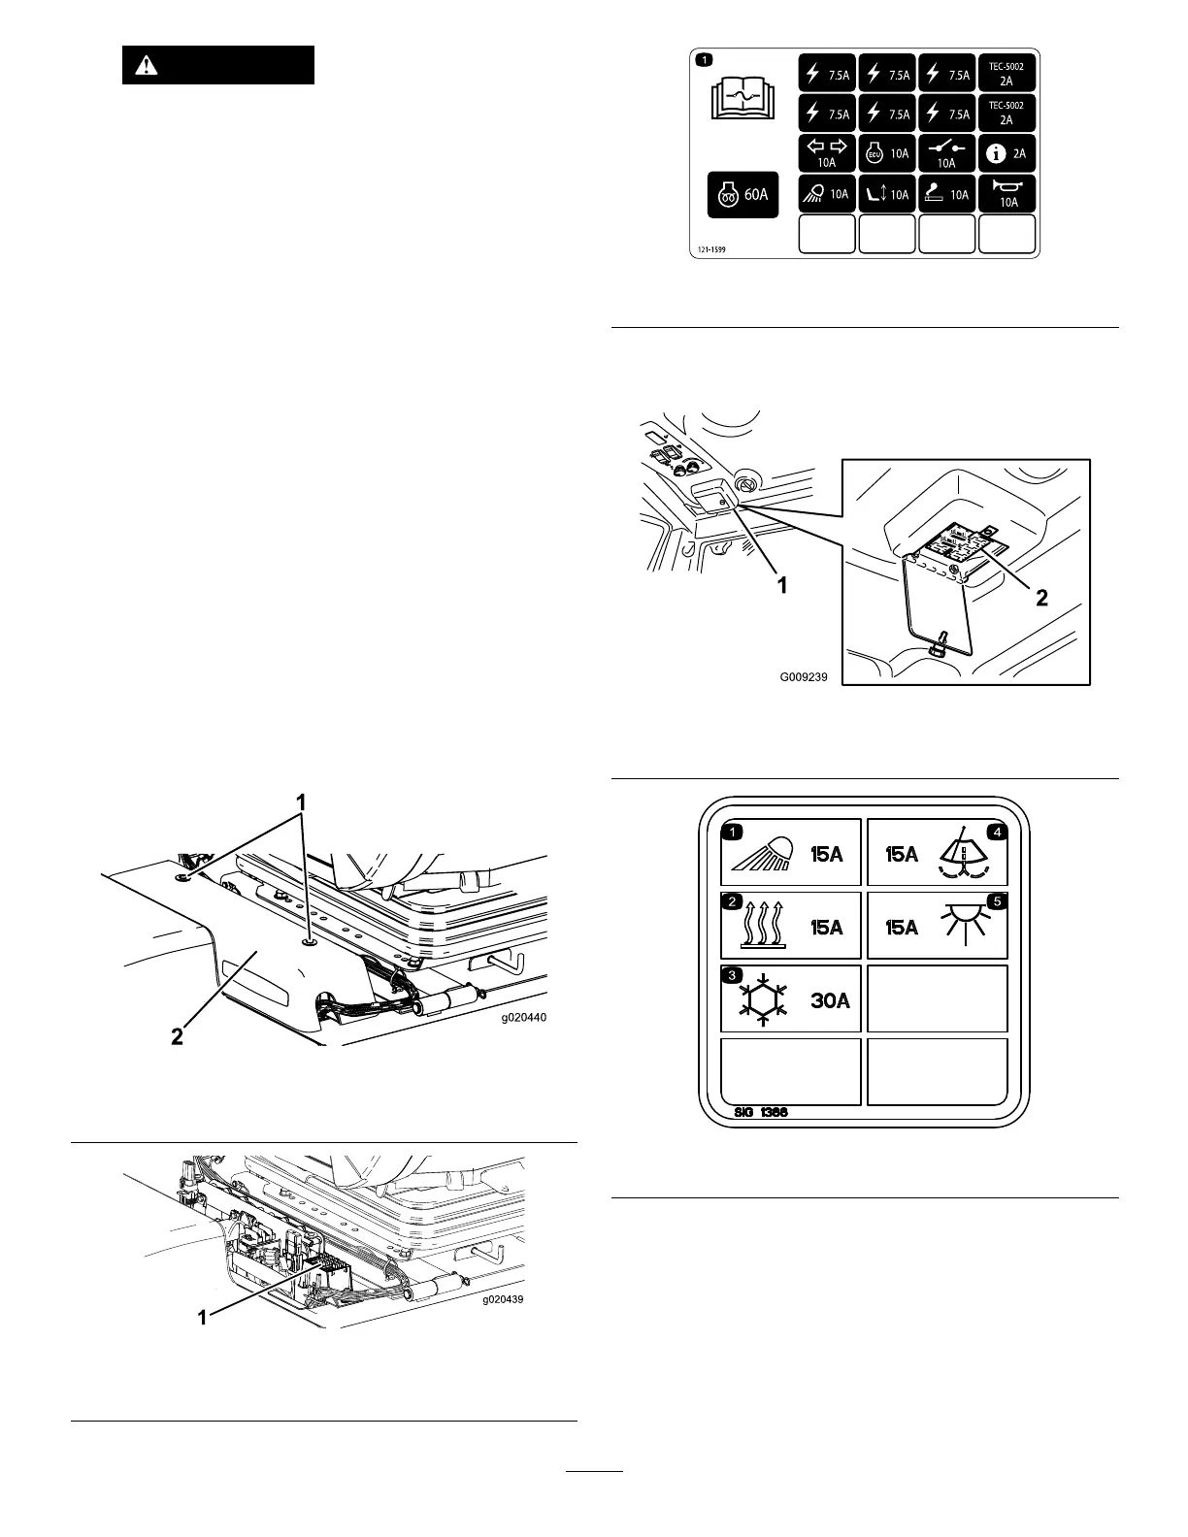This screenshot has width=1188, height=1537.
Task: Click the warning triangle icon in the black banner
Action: (x=146, y=66)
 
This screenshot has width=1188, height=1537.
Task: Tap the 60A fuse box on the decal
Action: (x=742, y=194)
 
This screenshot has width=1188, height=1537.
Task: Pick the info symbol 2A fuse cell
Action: (x=1006, y=153)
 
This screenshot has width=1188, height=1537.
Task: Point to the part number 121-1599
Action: (x=711, y=249)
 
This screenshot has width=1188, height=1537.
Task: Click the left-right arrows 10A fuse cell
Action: (x=827, y=153)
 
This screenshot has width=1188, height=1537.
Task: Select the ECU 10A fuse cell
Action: (x=887, y=153)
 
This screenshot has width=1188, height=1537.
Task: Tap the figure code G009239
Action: (x=804, y=677)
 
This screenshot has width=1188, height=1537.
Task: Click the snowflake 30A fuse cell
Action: (x=791, y=998)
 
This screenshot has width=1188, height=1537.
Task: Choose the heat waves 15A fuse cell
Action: (x=791, y=926)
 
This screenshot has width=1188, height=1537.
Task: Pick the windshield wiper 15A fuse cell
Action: (x=937, y=853)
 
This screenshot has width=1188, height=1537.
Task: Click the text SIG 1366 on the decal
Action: (x=756, y=1112)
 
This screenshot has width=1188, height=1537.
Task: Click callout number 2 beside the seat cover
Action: (x=177, y=1036)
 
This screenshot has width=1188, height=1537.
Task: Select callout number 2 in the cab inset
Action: (x=1041, y=598)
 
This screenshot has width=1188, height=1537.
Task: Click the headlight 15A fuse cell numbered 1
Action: (x=791, y=853)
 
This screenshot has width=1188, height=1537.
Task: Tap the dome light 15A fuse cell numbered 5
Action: (x=937, y=926)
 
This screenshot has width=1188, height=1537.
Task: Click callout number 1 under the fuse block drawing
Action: (x=204, y=1317)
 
